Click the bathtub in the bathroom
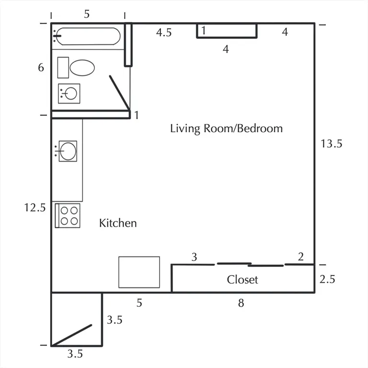pyautogui.click(x=88, y=36)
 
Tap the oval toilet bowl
pyautogui.click(x=82, y=68)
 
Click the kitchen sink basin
pyautogui.click(x=68, y=151)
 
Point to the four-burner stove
pyautogui.click(x=68, y=216)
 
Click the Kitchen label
pyautogui.click(x=118, y=223)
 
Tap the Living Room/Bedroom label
pyautogui.click(x=226, y=128)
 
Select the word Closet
pyautogui.click(x=242, y=279)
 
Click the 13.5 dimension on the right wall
pyautogui.click(x=332, y=144)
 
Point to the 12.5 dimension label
pyautogui.click(x=35, y=207)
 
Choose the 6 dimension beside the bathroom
pyautogui.click(x=41, y=68)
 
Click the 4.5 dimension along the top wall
pyautogui.click(x=164, y=33)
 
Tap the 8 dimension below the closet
pyautogui.click(x=241, y=303)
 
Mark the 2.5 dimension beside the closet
pyautogui.click(x=327, y=279)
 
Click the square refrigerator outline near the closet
pyautogui.click(x=139, y=272)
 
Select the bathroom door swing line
pyautogui.click(x=120, y=92)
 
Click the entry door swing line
pyautogui.click(x=71, y=335)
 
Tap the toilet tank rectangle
pyautogui.click(x=63, y=68)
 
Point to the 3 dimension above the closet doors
pyautogui.click(x=194, y=257)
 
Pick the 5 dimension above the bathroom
pyautogui.click(x=87, y=14)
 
